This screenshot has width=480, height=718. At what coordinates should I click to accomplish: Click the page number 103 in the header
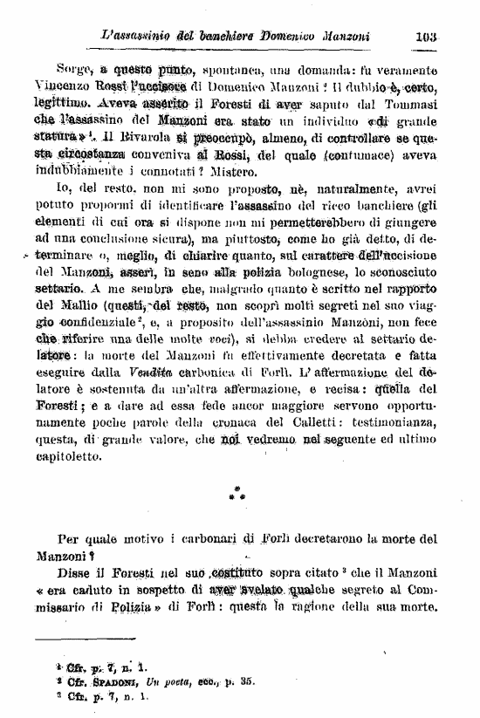[x=426, y=37]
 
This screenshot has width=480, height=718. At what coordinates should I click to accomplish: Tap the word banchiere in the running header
[x=220, y=37]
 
